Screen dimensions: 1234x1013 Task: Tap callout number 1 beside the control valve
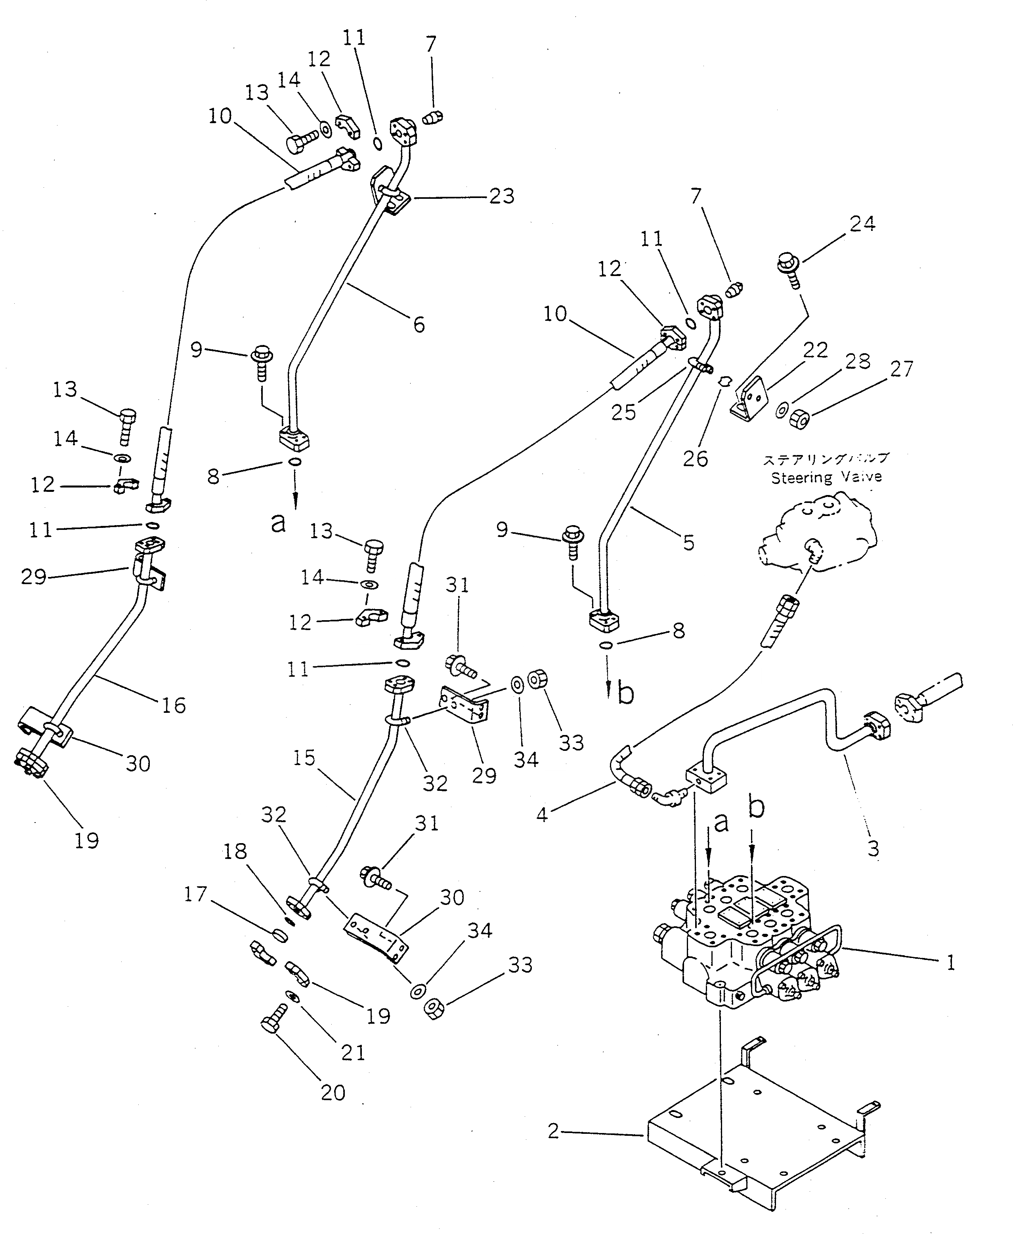point(950,962)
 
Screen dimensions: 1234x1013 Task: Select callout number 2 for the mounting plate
point(554,1132)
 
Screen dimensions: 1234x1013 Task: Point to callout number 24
point(862,223)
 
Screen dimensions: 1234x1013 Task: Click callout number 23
point(501,196)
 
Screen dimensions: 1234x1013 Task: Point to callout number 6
point(419,324)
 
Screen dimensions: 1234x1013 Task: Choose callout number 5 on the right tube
point(688,543)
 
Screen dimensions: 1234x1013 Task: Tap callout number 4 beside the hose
point(542,815)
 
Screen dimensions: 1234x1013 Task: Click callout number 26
point(696,459)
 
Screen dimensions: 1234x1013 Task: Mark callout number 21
point(352,1053)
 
